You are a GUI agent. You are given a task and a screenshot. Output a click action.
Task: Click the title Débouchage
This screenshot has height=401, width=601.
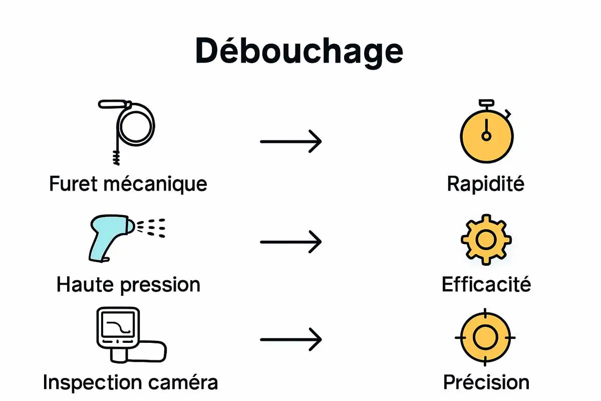tap(299, 51)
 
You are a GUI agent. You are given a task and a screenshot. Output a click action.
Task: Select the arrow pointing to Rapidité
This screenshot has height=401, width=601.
tap(290, 142)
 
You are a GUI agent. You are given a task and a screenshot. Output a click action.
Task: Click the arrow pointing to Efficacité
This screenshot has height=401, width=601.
tap(290, 242)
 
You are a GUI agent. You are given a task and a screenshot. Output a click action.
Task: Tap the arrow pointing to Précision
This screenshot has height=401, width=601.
tap(290, 339)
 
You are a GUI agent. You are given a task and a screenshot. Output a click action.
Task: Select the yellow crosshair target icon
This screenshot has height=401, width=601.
tap(485, 336)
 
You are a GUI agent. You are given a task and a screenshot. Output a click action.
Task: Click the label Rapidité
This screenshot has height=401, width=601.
tap(485, 183)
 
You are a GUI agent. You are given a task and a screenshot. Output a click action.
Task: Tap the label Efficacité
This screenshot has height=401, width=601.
tap(486, 284)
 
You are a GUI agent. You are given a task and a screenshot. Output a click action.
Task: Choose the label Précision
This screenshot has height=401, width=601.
tap(486, 382)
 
